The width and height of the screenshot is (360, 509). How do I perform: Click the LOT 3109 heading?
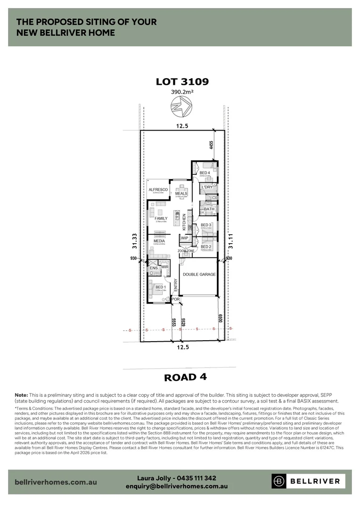tap(182, 82)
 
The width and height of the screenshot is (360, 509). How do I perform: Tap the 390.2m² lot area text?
tap(182, 93)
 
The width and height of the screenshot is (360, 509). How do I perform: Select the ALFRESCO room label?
tap(158, 189)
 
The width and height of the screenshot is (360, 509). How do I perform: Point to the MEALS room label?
tap(181, 193)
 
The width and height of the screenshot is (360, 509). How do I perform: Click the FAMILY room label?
tap(161, 218)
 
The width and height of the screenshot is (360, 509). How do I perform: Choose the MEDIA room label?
tap(159, 241)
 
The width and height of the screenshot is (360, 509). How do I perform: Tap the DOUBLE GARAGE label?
tap(199, 274)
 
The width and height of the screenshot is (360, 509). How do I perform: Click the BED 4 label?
tap(205, 173)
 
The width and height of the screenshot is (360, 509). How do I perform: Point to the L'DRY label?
tap(207, 187)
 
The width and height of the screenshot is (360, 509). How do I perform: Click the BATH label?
tap(209, 209)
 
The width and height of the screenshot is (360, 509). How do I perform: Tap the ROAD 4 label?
tap(185, 377)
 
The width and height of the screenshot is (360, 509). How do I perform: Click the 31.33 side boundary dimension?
tap(135, 241)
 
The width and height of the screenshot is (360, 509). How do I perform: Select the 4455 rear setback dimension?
tap(212, 145)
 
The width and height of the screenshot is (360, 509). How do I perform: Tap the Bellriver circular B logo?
tap(279, 482)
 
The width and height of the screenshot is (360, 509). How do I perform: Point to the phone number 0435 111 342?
tap(194, 477)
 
